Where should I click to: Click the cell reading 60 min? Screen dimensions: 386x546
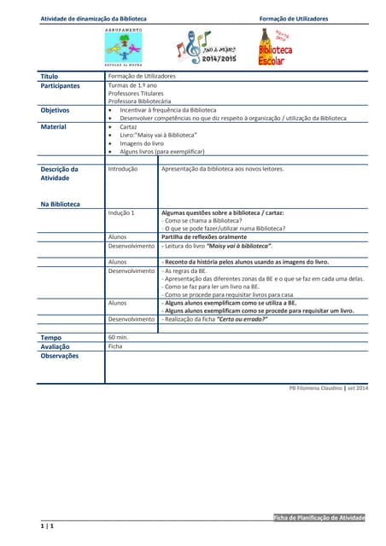[x=119, y=338]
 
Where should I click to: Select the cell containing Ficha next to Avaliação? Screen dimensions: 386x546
[x=115, y=347]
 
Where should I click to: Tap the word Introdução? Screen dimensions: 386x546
[x=123, y=169]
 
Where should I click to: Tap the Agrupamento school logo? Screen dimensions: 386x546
[x=123, y=47]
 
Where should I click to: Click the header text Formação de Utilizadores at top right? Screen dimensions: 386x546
[x=295, y=18]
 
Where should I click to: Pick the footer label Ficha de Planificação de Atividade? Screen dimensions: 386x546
[x=319, y=518]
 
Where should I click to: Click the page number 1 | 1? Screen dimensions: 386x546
[x=47, y=529]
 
